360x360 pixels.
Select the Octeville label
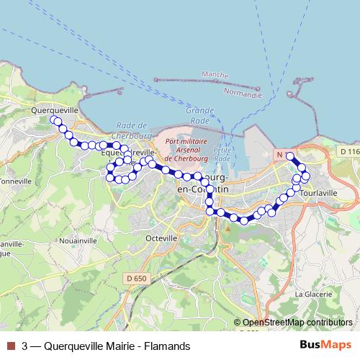(161, 238)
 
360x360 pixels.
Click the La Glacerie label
(312, 294)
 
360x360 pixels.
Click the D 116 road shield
(348, 152)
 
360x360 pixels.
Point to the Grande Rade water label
(199, 115)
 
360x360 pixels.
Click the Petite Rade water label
(222, 153)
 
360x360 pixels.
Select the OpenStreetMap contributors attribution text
(297, 323)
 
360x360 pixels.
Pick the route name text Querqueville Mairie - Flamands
(117, 346)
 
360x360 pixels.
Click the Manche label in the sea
(215, 75)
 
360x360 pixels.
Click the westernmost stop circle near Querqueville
(53, 119)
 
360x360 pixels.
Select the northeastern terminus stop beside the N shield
(290, 156)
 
